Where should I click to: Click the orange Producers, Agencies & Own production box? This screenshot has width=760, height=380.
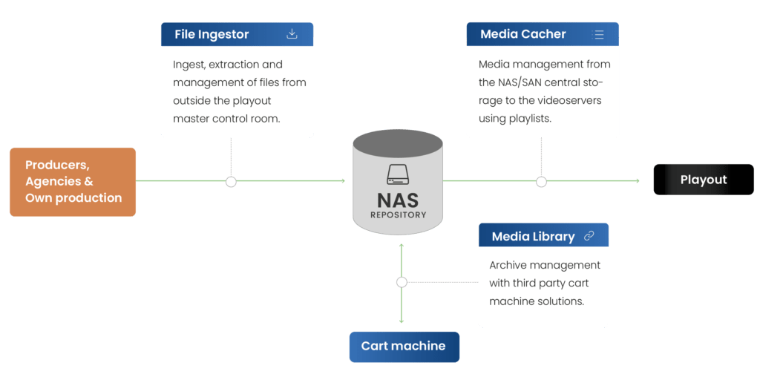tap(73, 182)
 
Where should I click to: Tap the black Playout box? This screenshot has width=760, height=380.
tap(703, 180)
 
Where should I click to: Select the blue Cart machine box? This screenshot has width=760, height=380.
tap(404, 346)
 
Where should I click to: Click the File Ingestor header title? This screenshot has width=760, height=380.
tap(212, 34)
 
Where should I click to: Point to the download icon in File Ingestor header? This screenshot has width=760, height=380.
tap(292, 33)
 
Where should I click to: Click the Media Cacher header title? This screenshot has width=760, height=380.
tap(522, 34)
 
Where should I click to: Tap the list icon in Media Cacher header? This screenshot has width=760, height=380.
tap(598, 34)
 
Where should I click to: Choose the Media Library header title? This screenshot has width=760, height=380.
tap(533, 237)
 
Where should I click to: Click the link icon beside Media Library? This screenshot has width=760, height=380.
tap(589, 236)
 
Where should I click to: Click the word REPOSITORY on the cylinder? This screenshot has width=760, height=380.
tap(399, 215)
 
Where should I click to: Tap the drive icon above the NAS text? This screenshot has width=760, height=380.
tap(399, 175)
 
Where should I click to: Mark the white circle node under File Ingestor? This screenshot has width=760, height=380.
tap(231, 182)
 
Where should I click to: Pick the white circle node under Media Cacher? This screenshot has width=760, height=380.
tap(541, 182)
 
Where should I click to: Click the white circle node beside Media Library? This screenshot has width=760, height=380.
tap(402, 282)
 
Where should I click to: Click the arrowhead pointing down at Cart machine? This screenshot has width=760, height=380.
tap(402, 321)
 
